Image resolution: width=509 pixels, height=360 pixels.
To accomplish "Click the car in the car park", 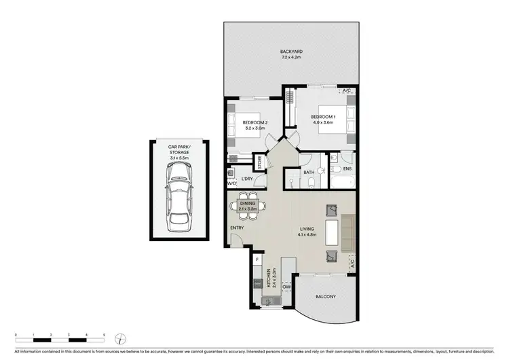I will (x=178, y=193).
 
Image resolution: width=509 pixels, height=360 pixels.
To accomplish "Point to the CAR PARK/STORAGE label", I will (x=178, y=149).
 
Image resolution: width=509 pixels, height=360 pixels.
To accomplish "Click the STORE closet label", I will (x=259, y=164).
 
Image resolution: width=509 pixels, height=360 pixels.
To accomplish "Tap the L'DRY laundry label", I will (x=248, y=179).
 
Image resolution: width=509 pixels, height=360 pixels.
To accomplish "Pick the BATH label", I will (x=309, y=173).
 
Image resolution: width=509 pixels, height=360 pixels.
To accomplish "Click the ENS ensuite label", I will (x=346, y=168).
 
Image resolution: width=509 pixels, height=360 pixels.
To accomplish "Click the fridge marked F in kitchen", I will (x=258, y=259).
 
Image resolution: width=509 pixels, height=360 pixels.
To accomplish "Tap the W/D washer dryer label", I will (x=231, y=183).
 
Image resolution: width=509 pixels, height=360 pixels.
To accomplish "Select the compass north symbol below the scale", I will (x=119, y=338).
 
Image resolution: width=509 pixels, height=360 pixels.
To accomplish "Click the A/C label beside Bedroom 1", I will (x=346, y=91).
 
